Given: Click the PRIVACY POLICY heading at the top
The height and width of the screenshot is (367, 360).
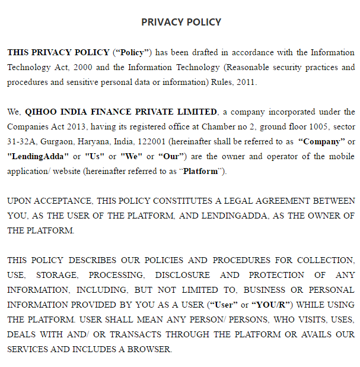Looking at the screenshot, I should coord(181,22).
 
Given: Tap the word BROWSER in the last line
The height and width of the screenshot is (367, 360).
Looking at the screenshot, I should coord(151,349).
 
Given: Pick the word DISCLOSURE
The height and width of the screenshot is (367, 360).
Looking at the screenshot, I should coord(182,275).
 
